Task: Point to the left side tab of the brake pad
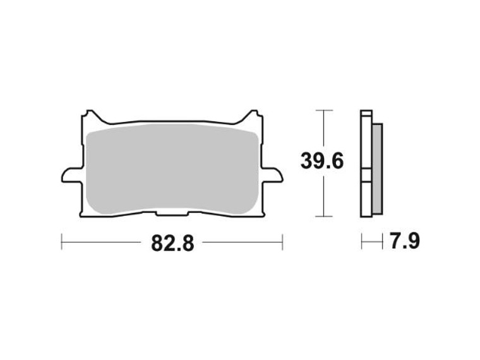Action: [70, 174]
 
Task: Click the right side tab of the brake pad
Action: [273, 174]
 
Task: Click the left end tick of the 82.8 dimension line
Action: [61, 241]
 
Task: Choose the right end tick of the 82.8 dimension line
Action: [282, 241]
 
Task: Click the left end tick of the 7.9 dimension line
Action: [362, 241]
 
